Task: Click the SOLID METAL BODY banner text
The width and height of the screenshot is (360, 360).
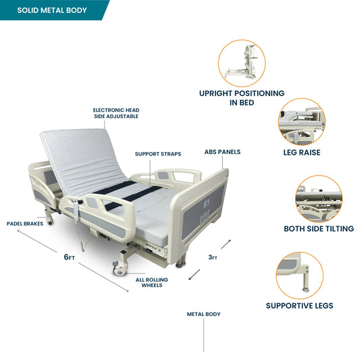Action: (x=52, y=10)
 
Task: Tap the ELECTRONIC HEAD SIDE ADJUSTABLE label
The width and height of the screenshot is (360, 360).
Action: (x=116, y=113)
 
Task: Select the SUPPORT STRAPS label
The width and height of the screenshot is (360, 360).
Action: (x=158, y=154)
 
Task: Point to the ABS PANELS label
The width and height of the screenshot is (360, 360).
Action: (x=222, y=152)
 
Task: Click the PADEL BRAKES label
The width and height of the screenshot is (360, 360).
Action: (x=25, y=224)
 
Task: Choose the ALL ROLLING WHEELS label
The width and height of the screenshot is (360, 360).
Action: (x=152, y=282)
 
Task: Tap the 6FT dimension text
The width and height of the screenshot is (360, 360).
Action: (x=70, y=257)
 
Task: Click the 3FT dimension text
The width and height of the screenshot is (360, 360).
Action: (x=213, y=257)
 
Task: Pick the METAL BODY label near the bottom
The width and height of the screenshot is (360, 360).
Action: (x=204, y=314)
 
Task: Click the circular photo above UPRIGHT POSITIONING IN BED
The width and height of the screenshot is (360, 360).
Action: (x=242, y=63)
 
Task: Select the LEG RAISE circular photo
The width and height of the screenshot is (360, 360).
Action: (x=302, y=122)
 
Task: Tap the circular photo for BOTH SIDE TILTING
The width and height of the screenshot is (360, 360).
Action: (x=319, y=199)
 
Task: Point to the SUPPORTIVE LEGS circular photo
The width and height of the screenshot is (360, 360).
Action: (x=300, y=276)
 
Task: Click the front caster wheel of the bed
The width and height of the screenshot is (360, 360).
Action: (x=120, y=268)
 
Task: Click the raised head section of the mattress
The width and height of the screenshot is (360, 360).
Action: (x=82, y=161)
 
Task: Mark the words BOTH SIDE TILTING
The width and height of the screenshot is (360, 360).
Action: (x=319, y=229)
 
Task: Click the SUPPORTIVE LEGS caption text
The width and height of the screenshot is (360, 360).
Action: (x=300, y=306)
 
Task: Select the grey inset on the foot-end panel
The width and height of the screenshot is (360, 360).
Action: (x=203, y=211)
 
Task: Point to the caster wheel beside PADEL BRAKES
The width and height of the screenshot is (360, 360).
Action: (x=50, y=222)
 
